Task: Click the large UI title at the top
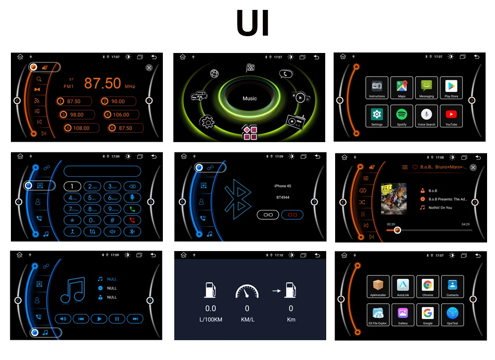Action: click(x=252, y=24)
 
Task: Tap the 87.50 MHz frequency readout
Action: click(x=102, y=83)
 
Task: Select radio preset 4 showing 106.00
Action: click(x=120, y=115)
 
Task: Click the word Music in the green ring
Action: click(x=249, y=99)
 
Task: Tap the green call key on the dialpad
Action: click(x=132, y=209)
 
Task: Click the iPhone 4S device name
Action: click(x=283, y=186)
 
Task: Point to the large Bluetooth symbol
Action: click(x=236, y=202)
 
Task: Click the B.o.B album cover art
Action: click(x=394, y=199)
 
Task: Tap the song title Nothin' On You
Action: click(x=440, y=207)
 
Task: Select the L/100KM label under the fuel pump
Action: click(x=211, y=319)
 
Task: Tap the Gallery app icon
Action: click(x=402, y=313)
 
